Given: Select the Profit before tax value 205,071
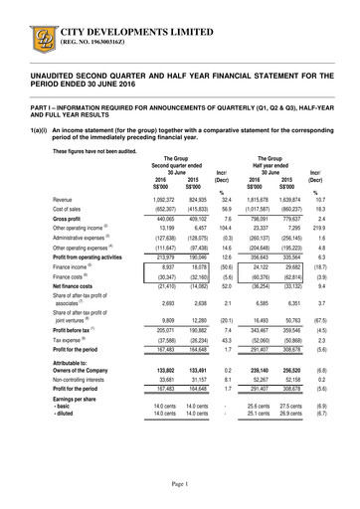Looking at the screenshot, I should [165, 355].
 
